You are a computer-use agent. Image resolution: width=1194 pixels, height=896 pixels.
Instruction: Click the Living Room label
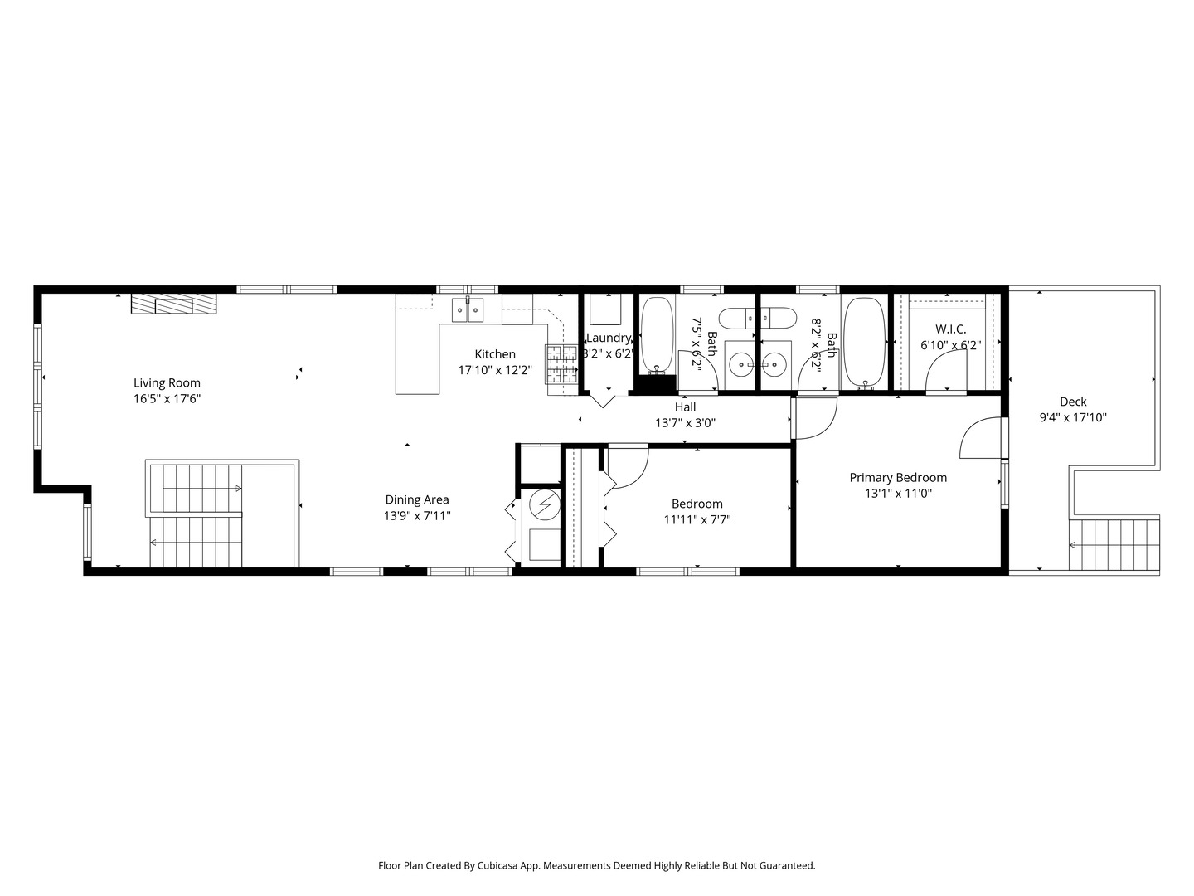[x=167, y=383]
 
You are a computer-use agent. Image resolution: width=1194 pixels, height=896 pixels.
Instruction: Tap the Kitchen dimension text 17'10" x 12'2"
[x=495, y=370]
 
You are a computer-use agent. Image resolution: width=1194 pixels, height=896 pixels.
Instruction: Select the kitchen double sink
[x=468, y=309]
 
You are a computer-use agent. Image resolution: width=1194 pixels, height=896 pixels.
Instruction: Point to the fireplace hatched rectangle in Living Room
[x=174, y=304]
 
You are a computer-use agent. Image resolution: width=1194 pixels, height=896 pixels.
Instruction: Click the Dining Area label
[x=417, y=499]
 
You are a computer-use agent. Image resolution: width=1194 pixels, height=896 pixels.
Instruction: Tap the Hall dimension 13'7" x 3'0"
[x=685, y=422]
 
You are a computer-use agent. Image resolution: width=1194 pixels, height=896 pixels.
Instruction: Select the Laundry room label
[x=609, y=338]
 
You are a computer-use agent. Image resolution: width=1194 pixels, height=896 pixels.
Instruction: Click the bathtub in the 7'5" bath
[x=658, y=334]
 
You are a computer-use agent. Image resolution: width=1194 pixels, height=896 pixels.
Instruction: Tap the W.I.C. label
[x=950, y=329]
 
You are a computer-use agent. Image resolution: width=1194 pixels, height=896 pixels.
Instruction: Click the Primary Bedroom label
[x=898, y=478]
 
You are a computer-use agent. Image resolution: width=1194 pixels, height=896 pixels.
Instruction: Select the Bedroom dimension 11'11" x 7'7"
[x=696, y=520]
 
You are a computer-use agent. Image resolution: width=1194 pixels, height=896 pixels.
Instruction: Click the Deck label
[x=1073, y=402]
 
